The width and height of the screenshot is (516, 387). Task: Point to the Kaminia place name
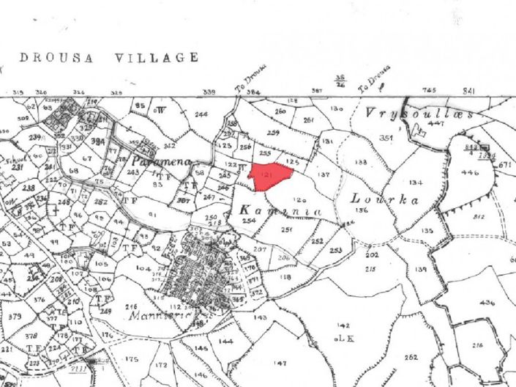pyautogui.click(x=280, y=211)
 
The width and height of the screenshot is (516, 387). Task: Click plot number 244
pyautogui.click(x=201, y=114)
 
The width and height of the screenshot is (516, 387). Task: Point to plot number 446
pyautogui.click(x=471, y=173)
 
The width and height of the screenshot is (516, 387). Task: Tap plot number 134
pyautogui.click(x=416, y=182)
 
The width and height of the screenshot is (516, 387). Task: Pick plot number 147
pyautogui.click(x=280, y=364)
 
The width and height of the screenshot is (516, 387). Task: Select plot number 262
pyautogui.click(x=411, y=357)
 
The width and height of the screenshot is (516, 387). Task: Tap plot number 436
pyautogui.click(x=487, y=302)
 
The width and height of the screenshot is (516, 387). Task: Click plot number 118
pyautogui.click(x=285, y=276)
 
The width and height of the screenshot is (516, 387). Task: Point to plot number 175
pyautogui.click(x=132, y=359)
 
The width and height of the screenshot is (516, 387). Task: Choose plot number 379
pyautogui.click(x=15, y=317)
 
